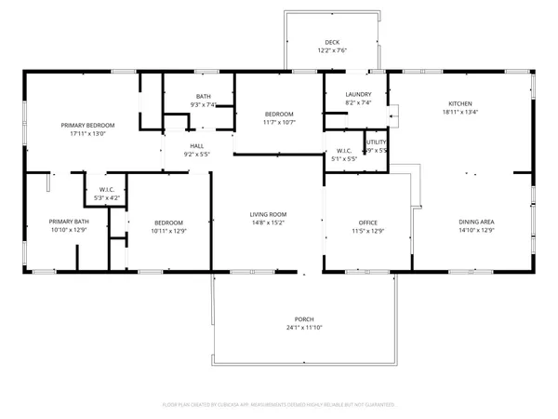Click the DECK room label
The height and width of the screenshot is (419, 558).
(332, 42)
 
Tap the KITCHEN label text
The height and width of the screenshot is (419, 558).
(460, 103)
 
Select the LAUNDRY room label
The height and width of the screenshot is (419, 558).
(358, 95)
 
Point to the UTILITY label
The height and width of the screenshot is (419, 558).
(376, 142)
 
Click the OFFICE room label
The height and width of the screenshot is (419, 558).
(367, 223)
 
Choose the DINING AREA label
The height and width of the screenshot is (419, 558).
(477, 222)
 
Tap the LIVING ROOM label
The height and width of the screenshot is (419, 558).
(268, 215)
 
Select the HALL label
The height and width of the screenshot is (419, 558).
(197, 146)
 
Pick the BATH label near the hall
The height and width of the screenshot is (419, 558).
(203, 97)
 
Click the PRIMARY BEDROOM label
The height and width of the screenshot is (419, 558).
(88, 125)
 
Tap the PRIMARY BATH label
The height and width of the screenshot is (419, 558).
(68, 222)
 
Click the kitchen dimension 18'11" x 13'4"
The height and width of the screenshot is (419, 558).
(460, 113)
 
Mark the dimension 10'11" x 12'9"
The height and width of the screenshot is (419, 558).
(168, 231)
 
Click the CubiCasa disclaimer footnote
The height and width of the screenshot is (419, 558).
(279, 405)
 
